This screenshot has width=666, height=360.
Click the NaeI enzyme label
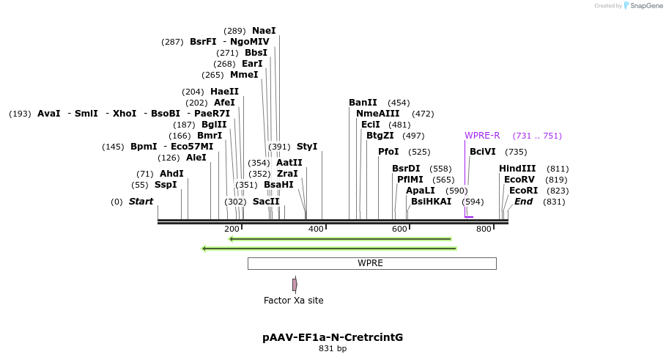point(264,31)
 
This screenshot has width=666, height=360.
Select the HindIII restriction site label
point(517,169)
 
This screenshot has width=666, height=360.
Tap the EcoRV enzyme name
point(519,180)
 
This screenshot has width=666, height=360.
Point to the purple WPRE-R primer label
point(482,136)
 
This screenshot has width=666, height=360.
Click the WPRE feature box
point(371,263)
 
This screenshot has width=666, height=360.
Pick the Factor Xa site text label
point(293,301)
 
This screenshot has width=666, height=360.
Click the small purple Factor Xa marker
point(295,284)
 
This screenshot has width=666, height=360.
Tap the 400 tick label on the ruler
point(316,229)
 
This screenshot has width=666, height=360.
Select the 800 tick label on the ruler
point(484,229)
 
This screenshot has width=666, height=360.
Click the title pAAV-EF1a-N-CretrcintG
point(333,338)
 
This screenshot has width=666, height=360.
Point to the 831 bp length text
point(333,349)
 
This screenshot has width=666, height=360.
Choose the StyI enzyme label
point(307,147)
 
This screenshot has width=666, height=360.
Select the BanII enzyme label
point(363,103)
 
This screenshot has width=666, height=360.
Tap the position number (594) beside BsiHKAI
point(473,202)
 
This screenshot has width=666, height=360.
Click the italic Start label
point(141,202)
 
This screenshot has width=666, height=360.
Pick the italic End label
point(524,202)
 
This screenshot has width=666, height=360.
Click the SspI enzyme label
point(166,185)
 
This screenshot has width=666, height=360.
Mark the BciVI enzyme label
point(483,152)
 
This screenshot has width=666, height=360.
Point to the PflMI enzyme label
point(410,180)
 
